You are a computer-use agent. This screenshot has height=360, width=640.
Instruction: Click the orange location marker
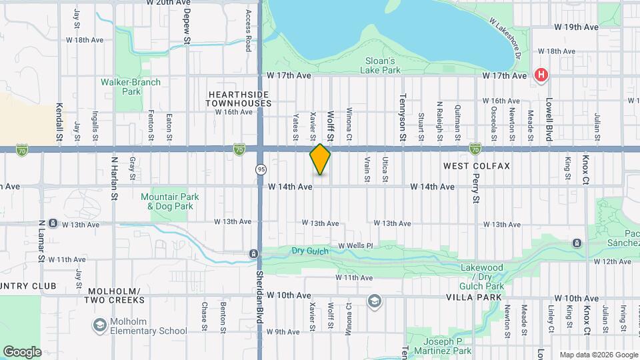tap(320, 159)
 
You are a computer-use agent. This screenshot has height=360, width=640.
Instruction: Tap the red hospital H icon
tap(542, 75)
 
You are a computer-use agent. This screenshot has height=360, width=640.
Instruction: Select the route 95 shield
tap(260, 169)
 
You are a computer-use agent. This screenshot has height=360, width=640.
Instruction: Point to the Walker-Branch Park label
tap(131, 87)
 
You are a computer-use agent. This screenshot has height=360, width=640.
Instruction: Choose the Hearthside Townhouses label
tap(239, 99)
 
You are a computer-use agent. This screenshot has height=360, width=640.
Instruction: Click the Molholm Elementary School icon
tap(100, 325)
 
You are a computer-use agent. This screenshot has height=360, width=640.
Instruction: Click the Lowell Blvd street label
tap(549, 120)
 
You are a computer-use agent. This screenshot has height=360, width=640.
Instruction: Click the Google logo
tap(22, 351)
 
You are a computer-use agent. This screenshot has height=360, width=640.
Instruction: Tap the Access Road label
tap(248, 31)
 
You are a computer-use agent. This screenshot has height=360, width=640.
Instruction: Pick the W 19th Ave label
tap(576, 27)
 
